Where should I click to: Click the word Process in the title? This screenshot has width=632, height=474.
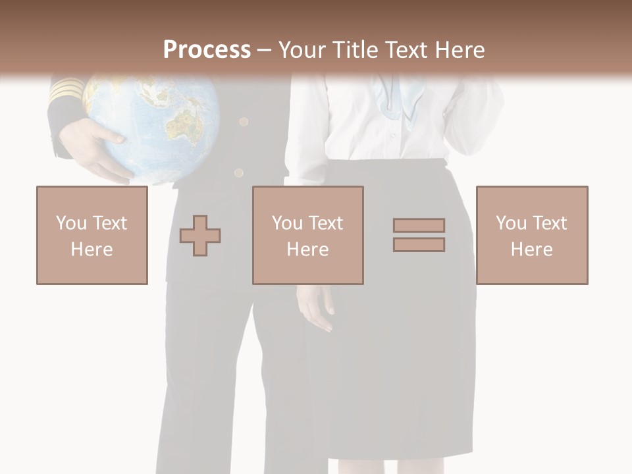[207, 50]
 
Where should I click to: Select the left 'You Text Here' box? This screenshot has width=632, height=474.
[92, 235]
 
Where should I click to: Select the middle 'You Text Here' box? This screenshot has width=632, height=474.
[308, 235]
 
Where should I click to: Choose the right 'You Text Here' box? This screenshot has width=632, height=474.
[532, 235]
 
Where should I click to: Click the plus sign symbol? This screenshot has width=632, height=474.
[200, 235]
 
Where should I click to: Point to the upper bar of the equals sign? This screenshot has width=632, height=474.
[419, 225]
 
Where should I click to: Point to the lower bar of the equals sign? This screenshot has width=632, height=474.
[419, 244]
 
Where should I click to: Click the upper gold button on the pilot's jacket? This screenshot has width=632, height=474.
[244, 122]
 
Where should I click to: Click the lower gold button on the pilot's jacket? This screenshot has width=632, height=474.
[238, 173]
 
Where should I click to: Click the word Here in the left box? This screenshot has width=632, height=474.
[92, 250]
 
